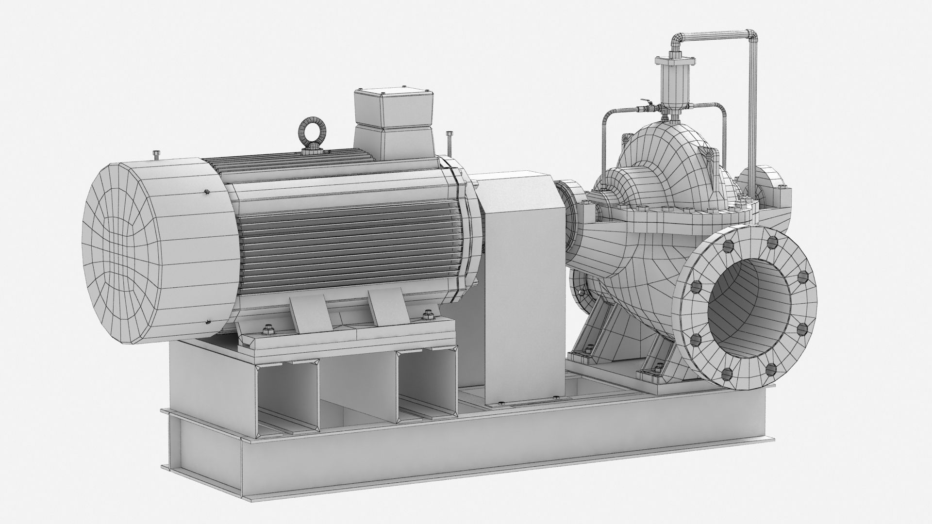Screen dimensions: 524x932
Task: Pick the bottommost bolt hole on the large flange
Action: (x=727, y=373)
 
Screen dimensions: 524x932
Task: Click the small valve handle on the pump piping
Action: (x=646, y=103)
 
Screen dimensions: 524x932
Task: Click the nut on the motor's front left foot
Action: (x=267, y=331)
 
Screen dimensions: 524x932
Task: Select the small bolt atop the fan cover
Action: (x=155, y=155)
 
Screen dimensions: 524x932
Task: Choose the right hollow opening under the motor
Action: (x=427, y=383)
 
